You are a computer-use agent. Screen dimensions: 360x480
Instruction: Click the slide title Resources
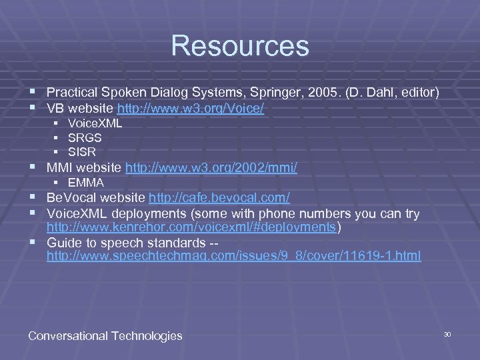pyautogui.click(x=240, y=46)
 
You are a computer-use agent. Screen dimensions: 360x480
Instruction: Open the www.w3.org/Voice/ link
pyautogui.click(x=191, y=107)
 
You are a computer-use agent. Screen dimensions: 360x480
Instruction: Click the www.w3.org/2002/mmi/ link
pyautogui.click(x=211, y=168)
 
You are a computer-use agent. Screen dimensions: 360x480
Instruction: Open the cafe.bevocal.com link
pyautogui.click(x=219, y=198)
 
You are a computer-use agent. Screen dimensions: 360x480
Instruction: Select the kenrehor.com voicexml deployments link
pyautogui.click(x=192, y=227)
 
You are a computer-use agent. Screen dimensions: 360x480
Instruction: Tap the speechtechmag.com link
pyautogui.click(x=233, y=256)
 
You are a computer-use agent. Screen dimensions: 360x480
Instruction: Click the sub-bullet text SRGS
pyautogui.click(x=85, y=137)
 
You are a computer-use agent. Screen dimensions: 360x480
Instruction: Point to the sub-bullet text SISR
pyautogui.click(x=82, y=152)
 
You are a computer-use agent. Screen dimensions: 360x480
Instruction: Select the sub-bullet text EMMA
pyautogui.click(x=86, y=183)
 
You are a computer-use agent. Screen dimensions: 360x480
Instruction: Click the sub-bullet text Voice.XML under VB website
pyautogui.click(x=95, y=123)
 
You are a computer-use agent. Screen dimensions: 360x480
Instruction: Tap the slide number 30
pyautogui.click(x=447, y=334)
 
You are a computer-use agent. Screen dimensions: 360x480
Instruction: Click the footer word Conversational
pyautogui.click(x=69, y=336)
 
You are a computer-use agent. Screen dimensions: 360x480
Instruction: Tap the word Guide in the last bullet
pyautogui.click(x=63, y=242)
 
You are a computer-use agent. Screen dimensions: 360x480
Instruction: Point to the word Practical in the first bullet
pyautogui.click(x=72, y=92)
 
